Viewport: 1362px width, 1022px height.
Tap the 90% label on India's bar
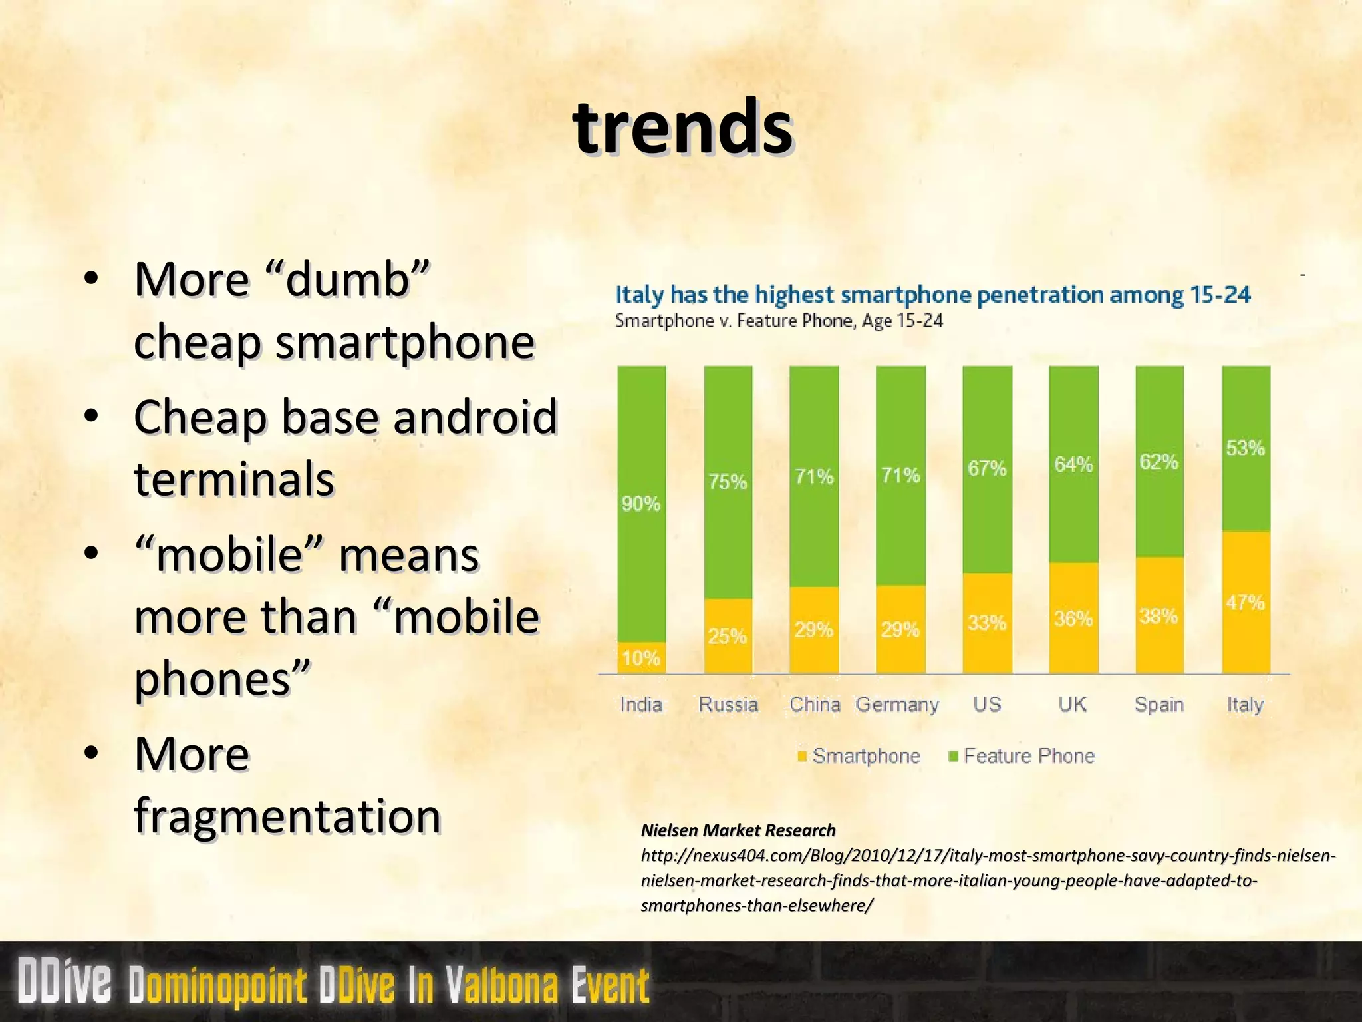tap(640, 504)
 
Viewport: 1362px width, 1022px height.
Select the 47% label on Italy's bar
tap(1245, 603)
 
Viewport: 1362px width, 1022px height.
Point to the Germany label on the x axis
tap(897, 704)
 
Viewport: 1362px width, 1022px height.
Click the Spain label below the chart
tap(1158, 704)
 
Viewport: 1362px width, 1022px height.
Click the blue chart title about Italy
tap(932, 294)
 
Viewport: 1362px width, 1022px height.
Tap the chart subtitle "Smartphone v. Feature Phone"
tap(779, 321)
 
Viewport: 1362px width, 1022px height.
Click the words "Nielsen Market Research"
tap(738, 830)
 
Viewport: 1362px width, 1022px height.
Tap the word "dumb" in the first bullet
tap(347, 279)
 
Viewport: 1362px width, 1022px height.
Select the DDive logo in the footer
tap(65, 982)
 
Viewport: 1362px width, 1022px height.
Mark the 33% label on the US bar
tap(987, 623)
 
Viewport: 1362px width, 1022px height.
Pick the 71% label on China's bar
tap(814, 476)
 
